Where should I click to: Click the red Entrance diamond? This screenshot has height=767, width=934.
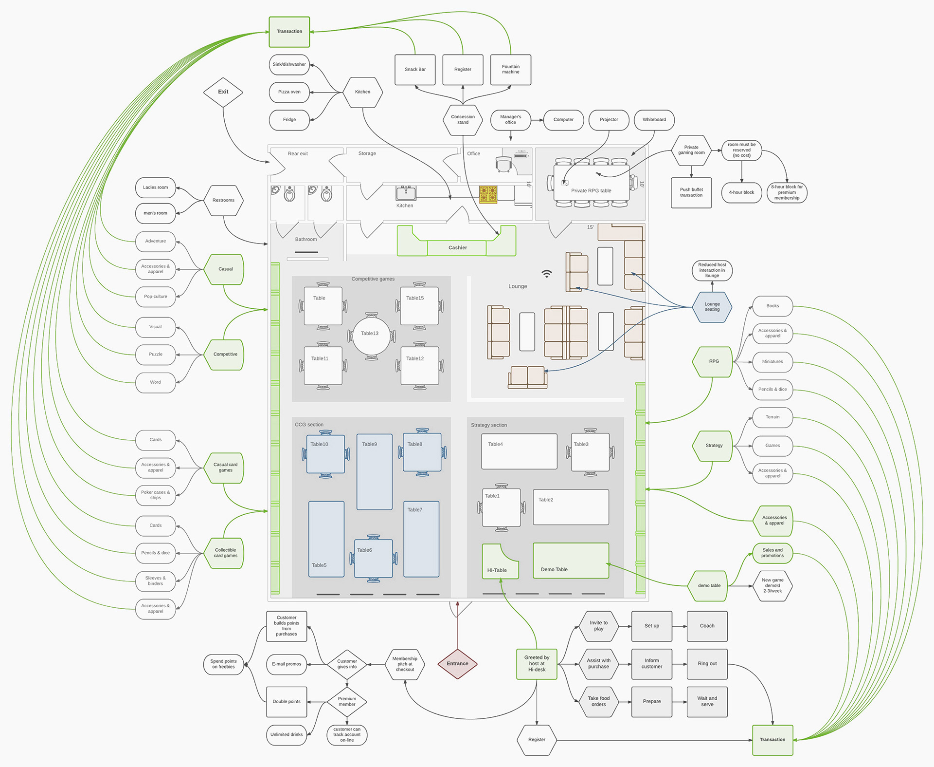point(457,663)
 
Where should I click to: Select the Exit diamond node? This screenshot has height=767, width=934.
point(223,92)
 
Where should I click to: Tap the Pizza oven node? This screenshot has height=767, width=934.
point(289,92)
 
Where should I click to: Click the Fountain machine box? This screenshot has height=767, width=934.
point(510,70)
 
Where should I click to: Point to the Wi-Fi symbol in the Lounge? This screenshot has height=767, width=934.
point(547,274)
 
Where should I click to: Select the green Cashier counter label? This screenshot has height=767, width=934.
point(457,248)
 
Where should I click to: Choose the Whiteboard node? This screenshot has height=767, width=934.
point(654,120)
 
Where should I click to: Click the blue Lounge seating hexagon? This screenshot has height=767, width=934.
point(712,307)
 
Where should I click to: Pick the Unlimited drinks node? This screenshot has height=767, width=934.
point(287,734)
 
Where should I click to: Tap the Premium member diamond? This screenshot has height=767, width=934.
point(347,702)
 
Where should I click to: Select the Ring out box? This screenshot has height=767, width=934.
point(707,664)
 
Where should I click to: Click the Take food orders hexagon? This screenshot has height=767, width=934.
point(598,702)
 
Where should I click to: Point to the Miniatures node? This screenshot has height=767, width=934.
point(772,362)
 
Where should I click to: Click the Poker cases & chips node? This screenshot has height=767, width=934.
point(155,495)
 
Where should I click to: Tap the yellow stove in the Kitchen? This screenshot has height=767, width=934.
point(488,194)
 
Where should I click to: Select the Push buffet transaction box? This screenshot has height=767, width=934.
point(691,193)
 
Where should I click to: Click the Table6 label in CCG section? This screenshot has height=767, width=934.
point(365,550)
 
